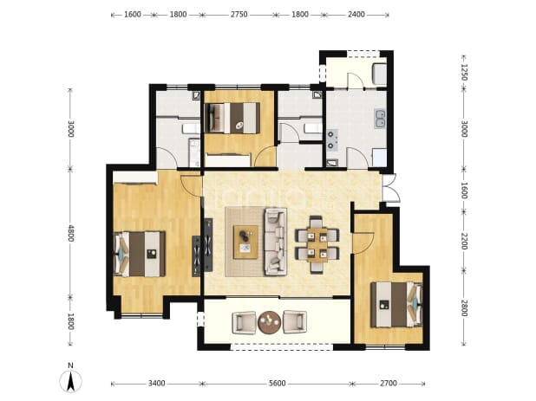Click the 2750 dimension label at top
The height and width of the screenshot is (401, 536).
point(239,15)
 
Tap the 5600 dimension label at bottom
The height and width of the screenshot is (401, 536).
point(277,384)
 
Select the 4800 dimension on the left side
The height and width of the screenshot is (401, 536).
point(71,233)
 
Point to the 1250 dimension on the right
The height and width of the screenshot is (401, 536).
point(464,72)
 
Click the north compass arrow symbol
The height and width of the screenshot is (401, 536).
point(71,381)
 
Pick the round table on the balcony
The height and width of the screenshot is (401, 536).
point(270,322)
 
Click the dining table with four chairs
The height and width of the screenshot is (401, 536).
point(317,245)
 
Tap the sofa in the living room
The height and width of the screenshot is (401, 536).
point(275,242)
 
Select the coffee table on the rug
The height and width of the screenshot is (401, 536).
point(245,242)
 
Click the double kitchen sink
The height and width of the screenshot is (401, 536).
point(380,119)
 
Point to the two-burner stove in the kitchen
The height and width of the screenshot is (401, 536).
point(331,139)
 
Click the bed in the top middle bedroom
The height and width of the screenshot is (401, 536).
point(232,118)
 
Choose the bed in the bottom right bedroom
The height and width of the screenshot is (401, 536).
point(397,304)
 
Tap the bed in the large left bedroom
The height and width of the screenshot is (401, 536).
point(140,254)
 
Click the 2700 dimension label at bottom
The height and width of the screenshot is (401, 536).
point(389,384)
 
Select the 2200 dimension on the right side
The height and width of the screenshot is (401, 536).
point(464,241)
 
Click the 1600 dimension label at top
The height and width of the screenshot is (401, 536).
point(133,15)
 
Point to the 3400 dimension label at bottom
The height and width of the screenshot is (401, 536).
point(157,384)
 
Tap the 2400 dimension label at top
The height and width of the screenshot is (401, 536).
point(356,15)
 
